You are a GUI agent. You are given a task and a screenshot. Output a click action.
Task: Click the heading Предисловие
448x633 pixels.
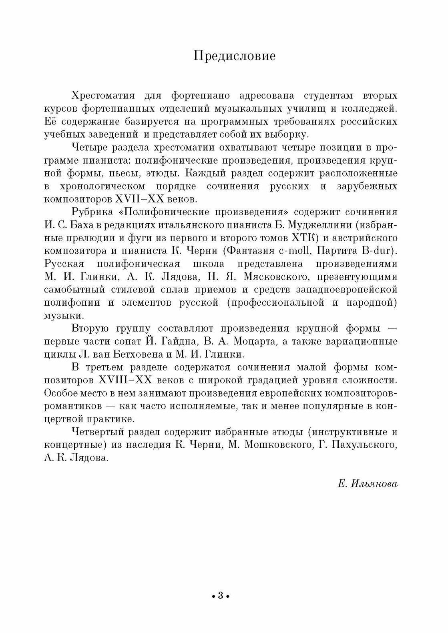[234, 56]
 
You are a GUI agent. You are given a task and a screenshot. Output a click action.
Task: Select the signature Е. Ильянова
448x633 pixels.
[368, 484]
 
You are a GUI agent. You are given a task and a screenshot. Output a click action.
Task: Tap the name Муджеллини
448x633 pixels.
[319, 224]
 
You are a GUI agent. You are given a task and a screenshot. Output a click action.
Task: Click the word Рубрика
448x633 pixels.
[90, 212]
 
